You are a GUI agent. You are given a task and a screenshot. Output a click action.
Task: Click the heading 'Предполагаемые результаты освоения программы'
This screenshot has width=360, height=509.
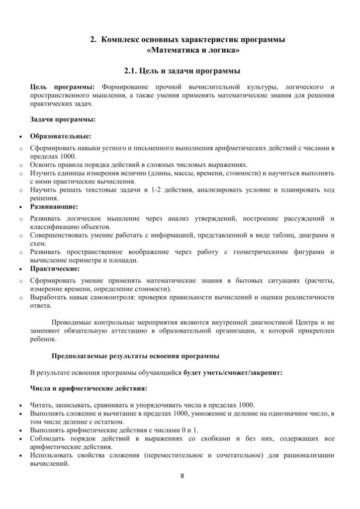click(135, 356)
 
